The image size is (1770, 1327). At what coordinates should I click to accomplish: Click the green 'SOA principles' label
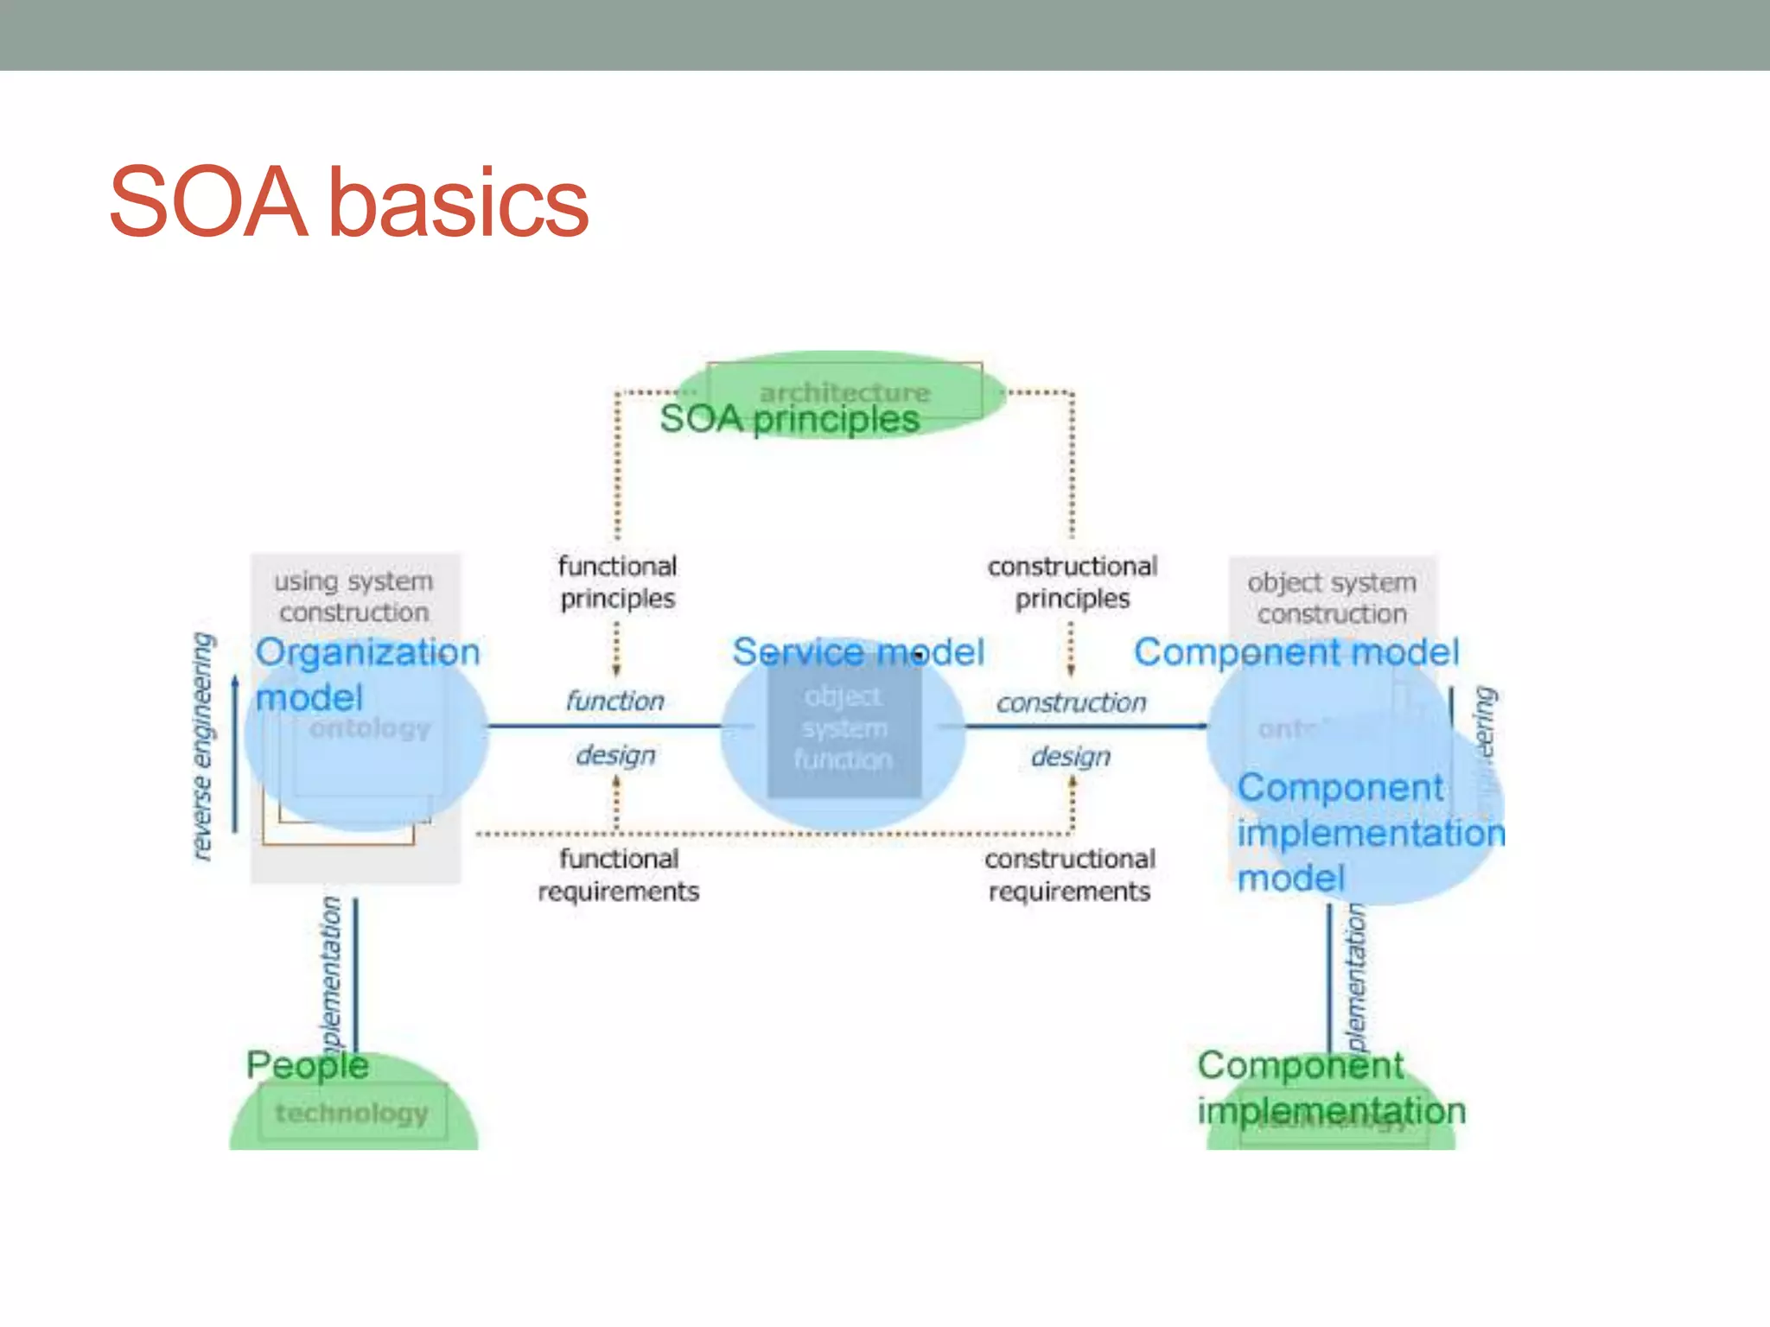tap(788, 419)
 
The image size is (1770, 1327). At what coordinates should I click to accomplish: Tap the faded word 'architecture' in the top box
tap(844, 392)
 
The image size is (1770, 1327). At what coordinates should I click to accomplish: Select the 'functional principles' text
tap(617, 582)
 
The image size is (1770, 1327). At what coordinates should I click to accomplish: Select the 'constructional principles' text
tap(1072, 582)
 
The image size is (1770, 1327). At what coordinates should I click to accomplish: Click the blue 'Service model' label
tap(857, 652)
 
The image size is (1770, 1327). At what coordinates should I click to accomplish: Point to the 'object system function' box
tap(844, 728)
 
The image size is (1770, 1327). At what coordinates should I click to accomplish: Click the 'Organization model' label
tap(366, 674)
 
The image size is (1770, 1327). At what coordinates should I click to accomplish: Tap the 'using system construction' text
tap(353, 596)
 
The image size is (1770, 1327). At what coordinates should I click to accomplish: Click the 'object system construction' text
tap(1331, 598)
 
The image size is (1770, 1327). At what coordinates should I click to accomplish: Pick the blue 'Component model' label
tap(1296, 652)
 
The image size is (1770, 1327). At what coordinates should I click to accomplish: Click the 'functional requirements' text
tap(618, 874)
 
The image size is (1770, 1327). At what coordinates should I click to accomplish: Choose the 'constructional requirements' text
tap(1070, 874)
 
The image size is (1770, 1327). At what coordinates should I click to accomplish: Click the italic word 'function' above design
tap(614, 701)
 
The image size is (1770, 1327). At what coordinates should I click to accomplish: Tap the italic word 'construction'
tap(1071, 702)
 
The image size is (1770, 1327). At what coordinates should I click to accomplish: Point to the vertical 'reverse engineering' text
tap(202, 746)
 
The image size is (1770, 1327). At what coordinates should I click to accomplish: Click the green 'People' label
tap(308, 1065)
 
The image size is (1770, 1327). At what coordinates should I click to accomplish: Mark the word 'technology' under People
tap(352, 1113)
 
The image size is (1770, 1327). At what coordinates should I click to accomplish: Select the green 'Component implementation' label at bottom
tap(1330, 1088)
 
